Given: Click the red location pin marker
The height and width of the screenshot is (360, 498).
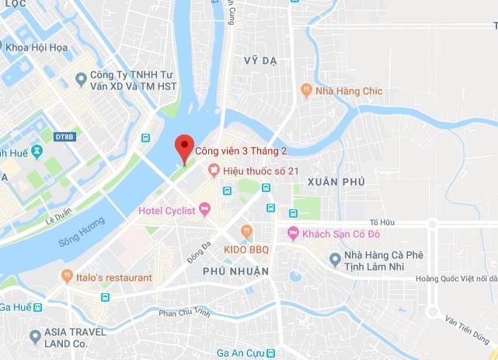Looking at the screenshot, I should pyautogui.click(x=183, y=146).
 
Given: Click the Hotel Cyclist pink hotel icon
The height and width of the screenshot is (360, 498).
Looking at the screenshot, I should pyautogui.click(x=205, y=208).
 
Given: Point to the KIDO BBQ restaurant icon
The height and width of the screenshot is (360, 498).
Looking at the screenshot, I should pyautogui.click(x=247, y=230).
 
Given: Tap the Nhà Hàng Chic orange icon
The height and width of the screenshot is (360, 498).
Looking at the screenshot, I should pyautogui.click(x=307, y=90).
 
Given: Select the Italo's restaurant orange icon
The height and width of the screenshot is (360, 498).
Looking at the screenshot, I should pyautogui.click(x=67, y=277).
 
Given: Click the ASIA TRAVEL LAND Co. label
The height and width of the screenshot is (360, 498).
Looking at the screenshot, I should pyautogui.click(x=82, y=336).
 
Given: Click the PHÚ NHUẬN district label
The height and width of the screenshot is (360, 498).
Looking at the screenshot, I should pyautogui.click(x=235, y=271).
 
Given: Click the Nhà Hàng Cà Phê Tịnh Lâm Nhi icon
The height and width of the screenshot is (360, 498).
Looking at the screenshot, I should pyautogui.click(x=335, y=258).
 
